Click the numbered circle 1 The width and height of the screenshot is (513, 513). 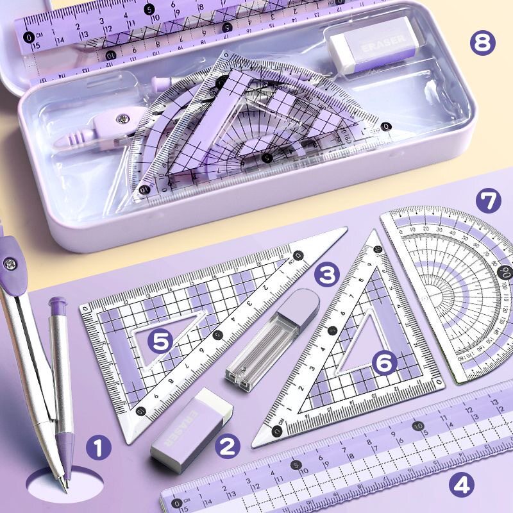click(98, 447)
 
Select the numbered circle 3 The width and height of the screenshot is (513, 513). click(326, 275)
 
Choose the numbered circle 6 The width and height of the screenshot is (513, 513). click(384, 363)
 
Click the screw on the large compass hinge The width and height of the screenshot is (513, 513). click(10, 262)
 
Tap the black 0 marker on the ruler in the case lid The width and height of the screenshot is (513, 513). click(29, 37)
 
